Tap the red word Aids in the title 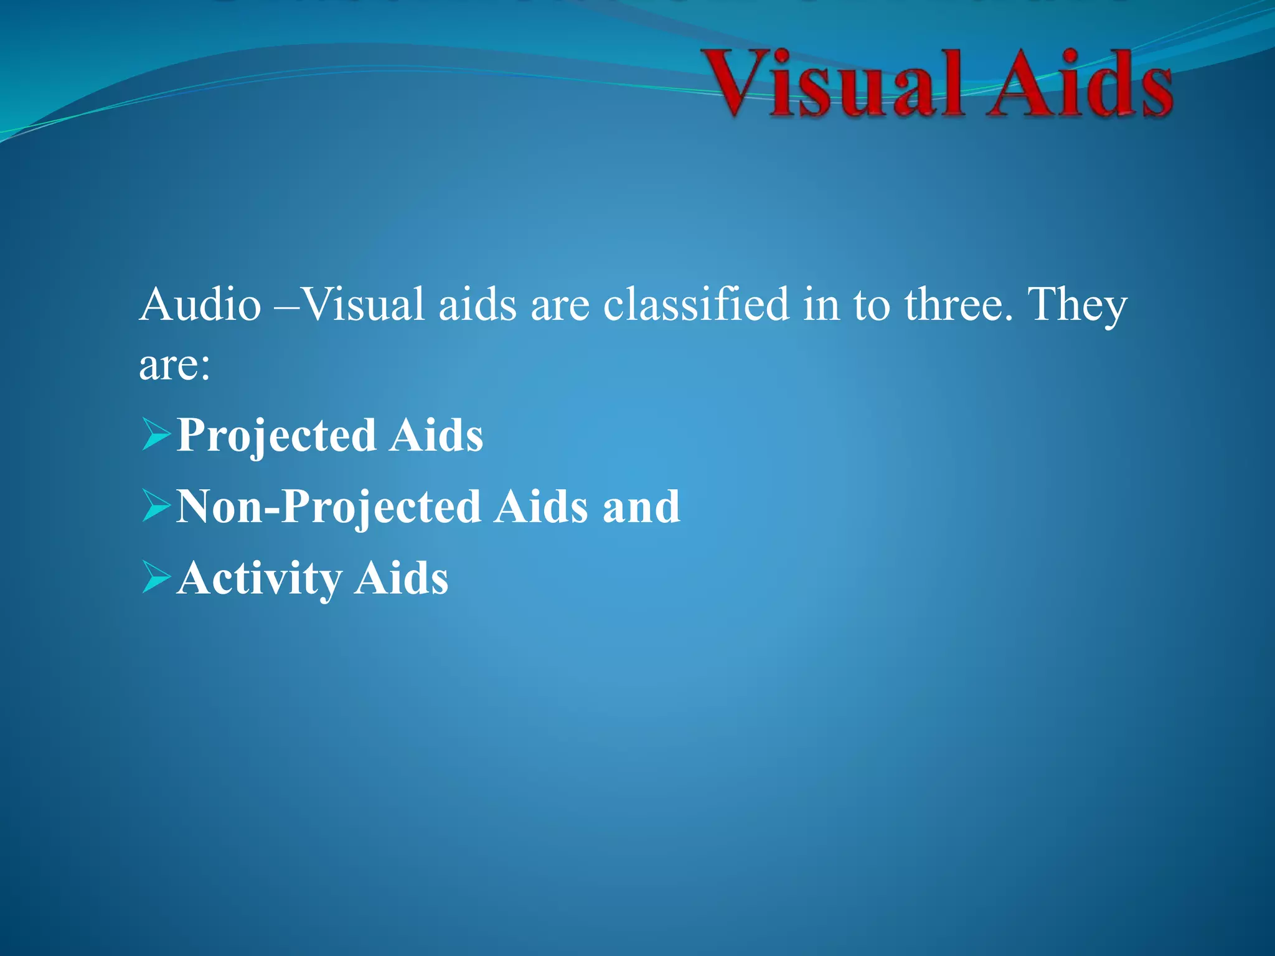[1081, 84]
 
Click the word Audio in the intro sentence [200, 305]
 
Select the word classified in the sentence [695, 305]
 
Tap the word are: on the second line [174, 365]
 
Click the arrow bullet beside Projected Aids [156, 434]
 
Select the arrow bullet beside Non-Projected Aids [156, 505]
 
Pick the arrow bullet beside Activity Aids [156, 577]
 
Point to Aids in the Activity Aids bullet [401, 578]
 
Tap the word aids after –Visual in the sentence [478, 305]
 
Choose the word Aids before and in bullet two [542, 507]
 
